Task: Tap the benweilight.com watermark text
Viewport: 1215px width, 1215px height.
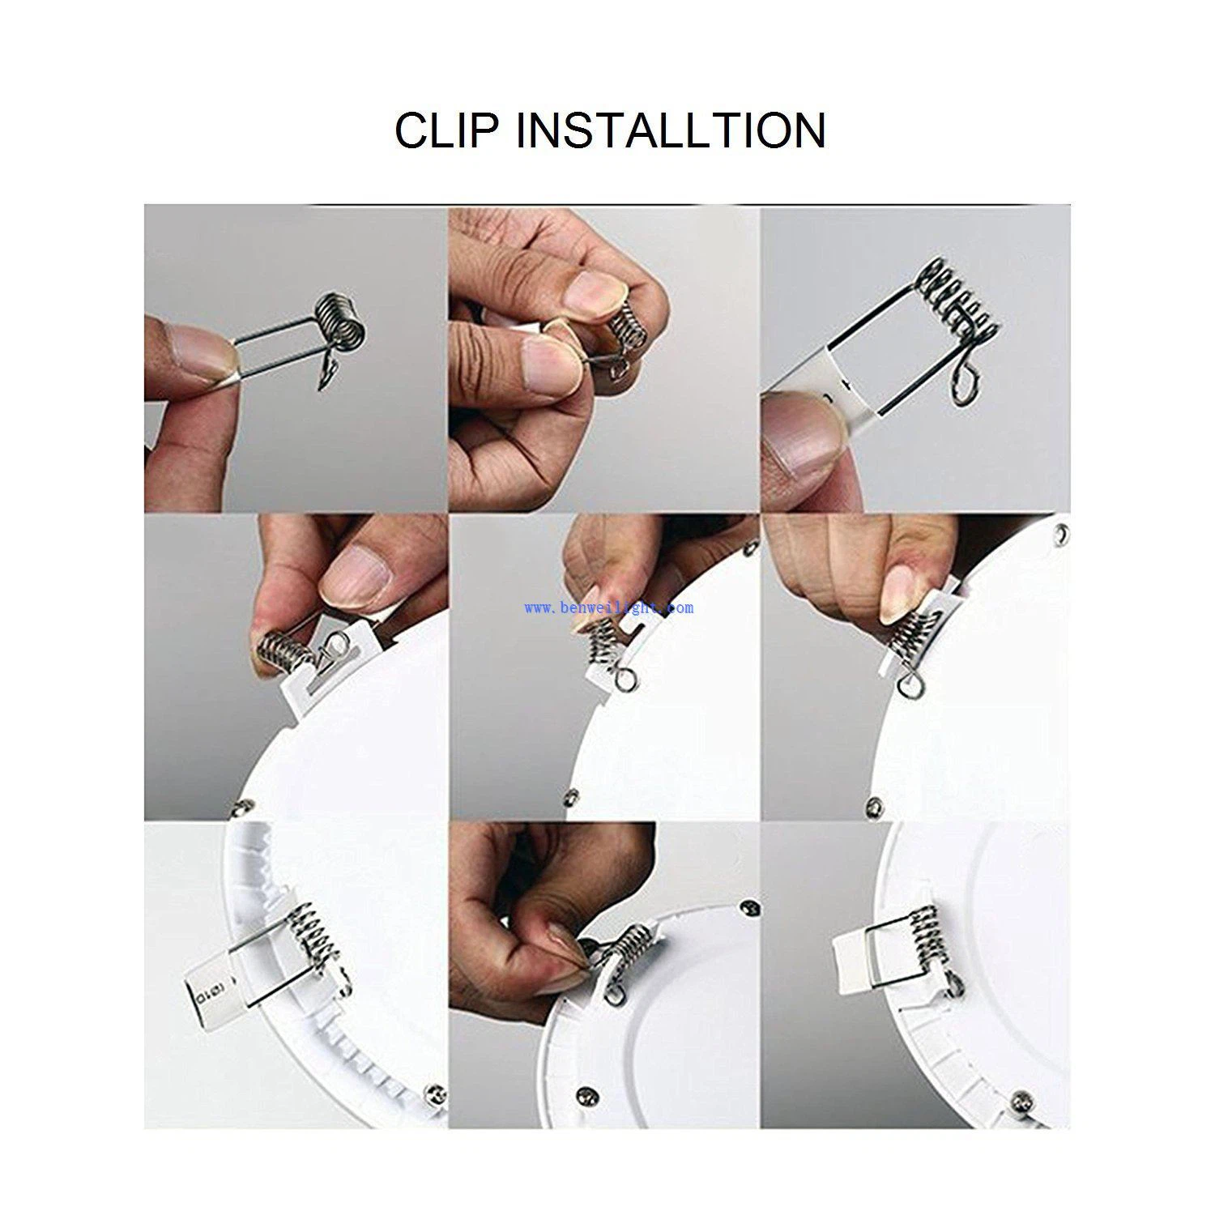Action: (x=608, y=607)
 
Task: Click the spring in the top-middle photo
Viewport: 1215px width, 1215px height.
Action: (x=624, y=325)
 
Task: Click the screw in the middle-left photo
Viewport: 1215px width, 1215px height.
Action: (x=241, y=806)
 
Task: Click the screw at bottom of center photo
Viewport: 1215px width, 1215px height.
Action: (x=573, y=797)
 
